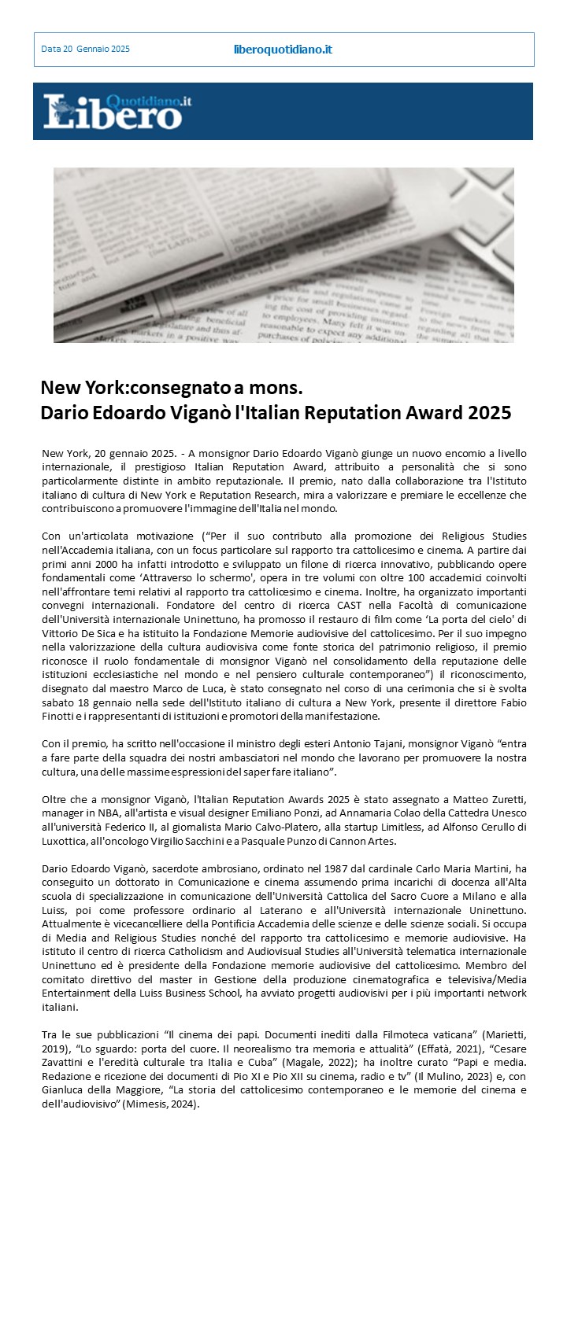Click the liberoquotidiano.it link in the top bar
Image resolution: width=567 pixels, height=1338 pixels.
pyautogui.click(x=283, y=50)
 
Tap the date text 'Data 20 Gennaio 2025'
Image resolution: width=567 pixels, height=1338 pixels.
pyautogui.click(x=85, y=50)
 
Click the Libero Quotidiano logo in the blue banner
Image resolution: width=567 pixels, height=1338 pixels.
pyautogui.click(x=117, y=111)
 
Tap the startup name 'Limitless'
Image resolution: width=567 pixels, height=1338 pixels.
pyautogui.click(x=415, y=827)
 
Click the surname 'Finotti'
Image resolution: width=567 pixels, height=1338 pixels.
pyautogui.click(x=60, y=716)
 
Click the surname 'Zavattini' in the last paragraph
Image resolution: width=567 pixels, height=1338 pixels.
pyautogui.click(x=67, y=1063)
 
